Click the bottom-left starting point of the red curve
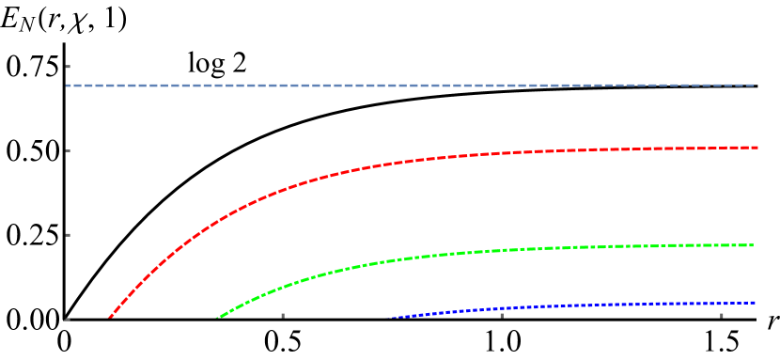pyautogui.click(x=109, y=318)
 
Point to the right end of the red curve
pyautogui.click(x=757, y=148)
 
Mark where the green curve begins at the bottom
pyautogui.click(x=218, y=318)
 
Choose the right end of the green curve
pyautogui.click(x=754, y=245)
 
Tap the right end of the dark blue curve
pyautogui.click(x=755, y=302)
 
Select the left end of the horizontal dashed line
pyautogui.click(x=67, y=86)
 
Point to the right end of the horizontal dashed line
pyautogui.click(x=755, y=86)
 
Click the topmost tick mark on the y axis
pyautogui.click(x=68, y=67)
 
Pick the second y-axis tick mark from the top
pyautogui.click(x=68, y=150)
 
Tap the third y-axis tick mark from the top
pyautogui.click(x=68, y=235)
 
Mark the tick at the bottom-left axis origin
pyautogui.click(x=65, y=318)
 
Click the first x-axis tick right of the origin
pyautogui.click(x=283, y=316)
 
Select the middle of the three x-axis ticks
pyautogui.click(x=502, y=316)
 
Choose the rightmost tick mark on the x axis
pyautogui.click(x=722, y=316)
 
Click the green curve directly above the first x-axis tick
pyautogui.click(x=283, y=286)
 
